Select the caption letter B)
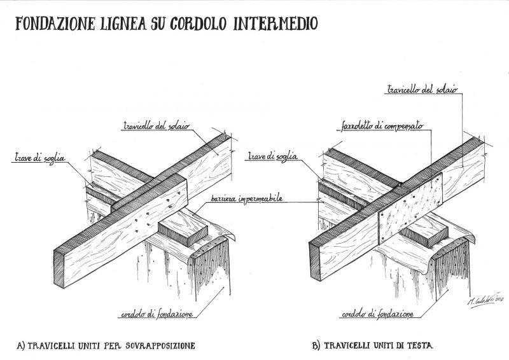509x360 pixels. click(x=316, y=347)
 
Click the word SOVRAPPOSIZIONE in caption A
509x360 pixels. click(x=160, y=347)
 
